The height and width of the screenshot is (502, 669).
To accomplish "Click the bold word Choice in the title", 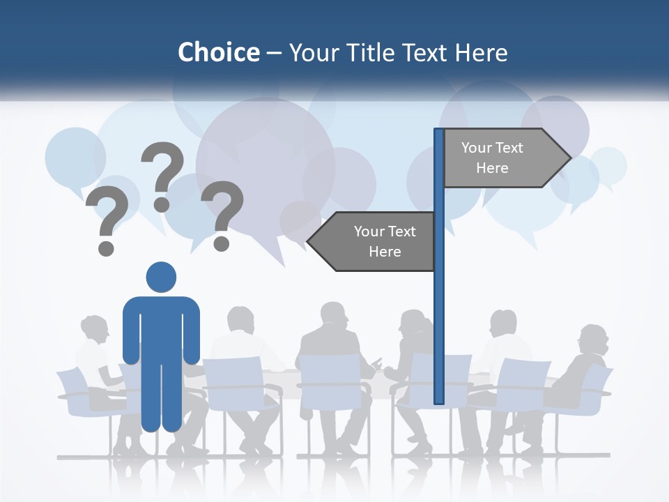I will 218,52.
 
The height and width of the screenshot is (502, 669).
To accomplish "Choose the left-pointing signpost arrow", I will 373,241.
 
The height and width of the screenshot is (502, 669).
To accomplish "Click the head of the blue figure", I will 161,277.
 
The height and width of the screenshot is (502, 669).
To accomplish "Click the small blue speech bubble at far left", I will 75,158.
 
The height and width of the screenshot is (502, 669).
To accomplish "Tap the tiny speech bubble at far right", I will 608,166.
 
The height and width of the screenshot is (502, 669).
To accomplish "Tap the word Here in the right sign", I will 492,168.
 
